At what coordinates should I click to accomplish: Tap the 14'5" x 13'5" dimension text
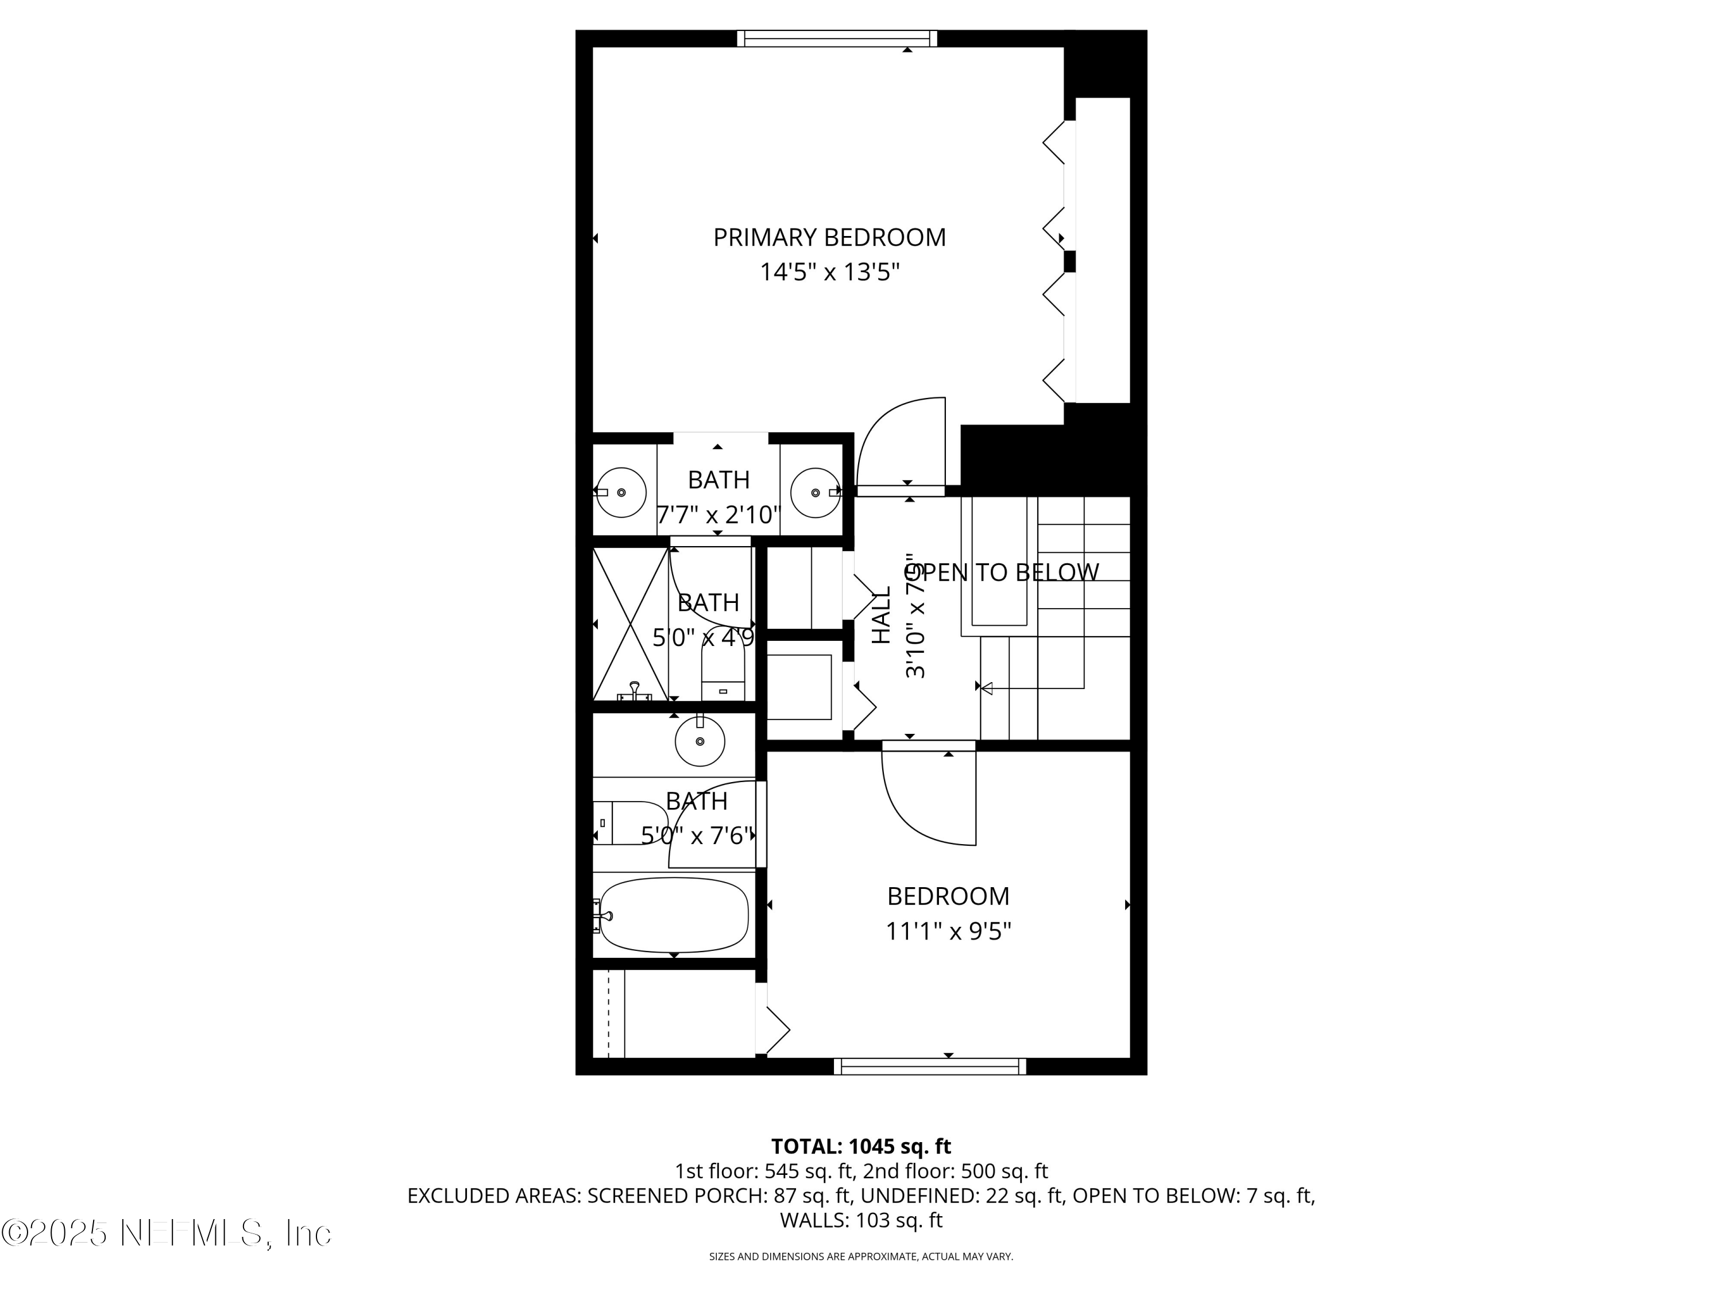point(829,273)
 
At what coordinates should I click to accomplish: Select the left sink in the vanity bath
point(621,492)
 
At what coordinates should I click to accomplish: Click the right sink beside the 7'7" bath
point(816,492)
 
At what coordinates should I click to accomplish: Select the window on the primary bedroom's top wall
point(837,38)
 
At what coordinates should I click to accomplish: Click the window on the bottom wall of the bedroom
point(930,1066)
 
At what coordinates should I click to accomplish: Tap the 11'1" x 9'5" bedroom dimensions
point(948,931)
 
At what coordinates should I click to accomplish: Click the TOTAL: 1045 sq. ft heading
point(861,1146)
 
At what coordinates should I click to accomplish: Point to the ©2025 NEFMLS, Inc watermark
point(167,1233)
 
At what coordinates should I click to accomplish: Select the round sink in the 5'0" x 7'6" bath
point(700,741)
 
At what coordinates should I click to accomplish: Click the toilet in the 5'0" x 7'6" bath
point(631,823)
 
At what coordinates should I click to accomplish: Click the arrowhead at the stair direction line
point(986,688)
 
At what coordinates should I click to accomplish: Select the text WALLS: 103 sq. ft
point(861,1220)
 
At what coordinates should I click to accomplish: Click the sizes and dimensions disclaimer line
point(861,1256)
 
